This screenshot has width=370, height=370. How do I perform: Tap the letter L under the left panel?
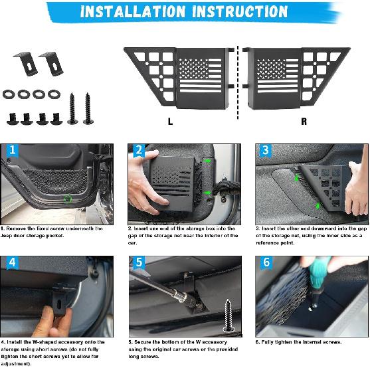(170, 122)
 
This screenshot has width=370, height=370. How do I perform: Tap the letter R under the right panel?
(304, 122)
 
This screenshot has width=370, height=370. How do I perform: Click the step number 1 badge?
(11, 151)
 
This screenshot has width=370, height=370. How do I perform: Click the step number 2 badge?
(139, 151)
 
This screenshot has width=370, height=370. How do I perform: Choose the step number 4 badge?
(12, 264)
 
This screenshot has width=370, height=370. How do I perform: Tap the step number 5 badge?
(139, 264)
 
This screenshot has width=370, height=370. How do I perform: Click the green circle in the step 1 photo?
(66, 198)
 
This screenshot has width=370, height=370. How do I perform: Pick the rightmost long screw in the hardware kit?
(88, 108)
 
